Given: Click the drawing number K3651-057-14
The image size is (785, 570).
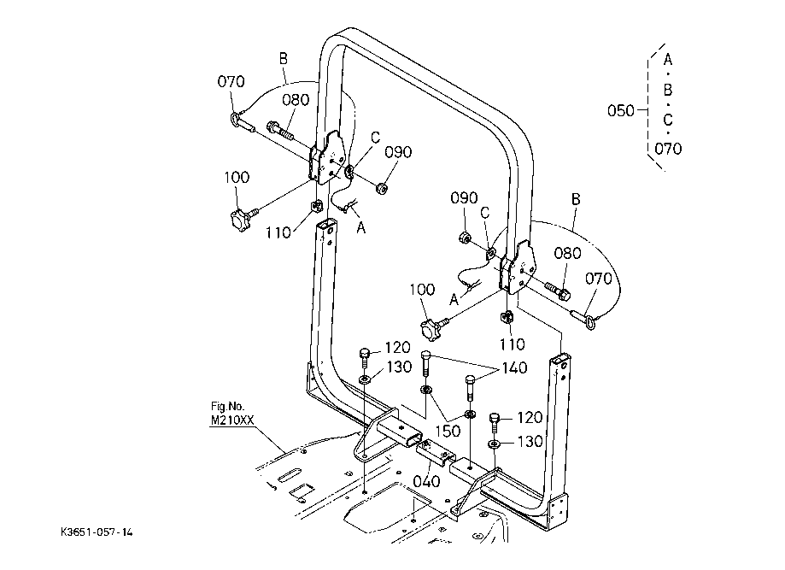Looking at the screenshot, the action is click(97, 532).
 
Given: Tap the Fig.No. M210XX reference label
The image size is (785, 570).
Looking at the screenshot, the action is click(231, 414).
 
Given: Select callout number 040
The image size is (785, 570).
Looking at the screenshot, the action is click(426, 481).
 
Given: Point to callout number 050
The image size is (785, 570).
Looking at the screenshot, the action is click(621, 110).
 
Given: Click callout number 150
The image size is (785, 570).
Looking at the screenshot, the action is click(448, 430).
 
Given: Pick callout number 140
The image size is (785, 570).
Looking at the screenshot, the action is click(514, 368).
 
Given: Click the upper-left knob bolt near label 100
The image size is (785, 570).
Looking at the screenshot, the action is click(243, 219).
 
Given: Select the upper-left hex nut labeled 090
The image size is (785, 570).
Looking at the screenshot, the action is click(382, 188).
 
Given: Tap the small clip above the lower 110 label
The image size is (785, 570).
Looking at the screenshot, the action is click(507, 317).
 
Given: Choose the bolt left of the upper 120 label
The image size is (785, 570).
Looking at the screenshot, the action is click(365, 358).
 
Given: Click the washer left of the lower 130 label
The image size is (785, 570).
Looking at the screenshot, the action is click(494, 444).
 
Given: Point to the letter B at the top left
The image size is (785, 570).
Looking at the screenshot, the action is click(284, 59).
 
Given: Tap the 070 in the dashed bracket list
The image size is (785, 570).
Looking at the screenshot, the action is click(668, 149).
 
